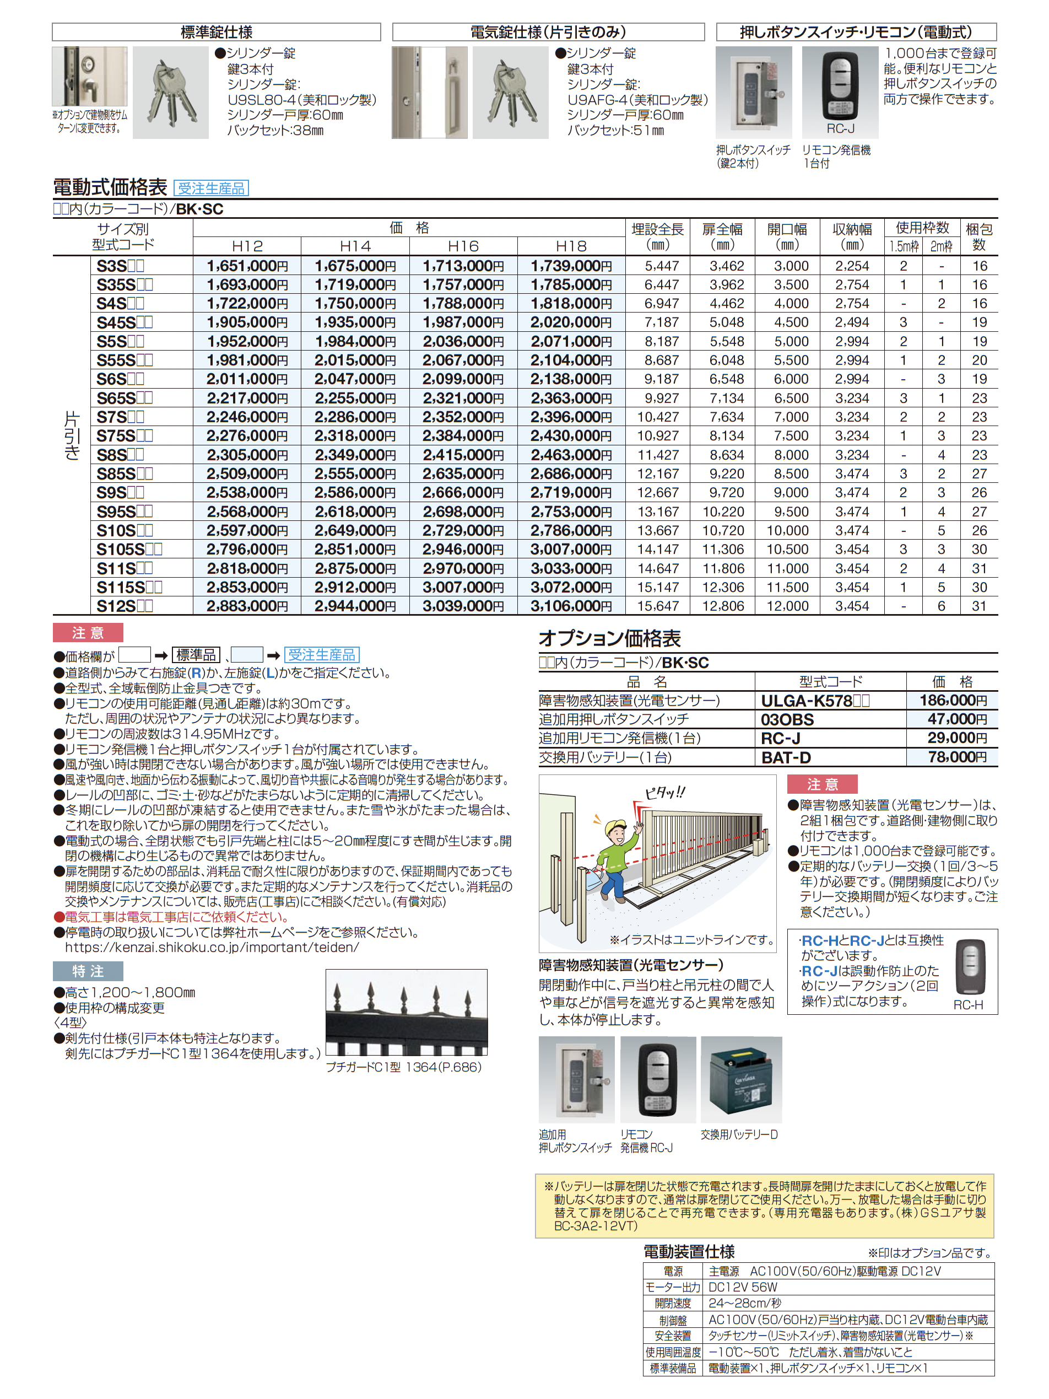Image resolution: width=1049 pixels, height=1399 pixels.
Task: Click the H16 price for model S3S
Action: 463,266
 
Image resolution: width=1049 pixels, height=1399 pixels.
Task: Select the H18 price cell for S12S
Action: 571,606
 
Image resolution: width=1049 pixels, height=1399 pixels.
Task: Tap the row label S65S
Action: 125,398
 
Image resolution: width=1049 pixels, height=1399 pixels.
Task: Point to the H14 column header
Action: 355,246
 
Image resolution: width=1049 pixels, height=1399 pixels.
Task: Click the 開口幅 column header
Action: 787,236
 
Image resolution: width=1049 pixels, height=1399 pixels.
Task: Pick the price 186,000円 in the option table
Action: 953,700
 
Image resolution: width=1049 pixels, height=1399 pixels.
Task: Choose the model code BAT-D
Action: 786,757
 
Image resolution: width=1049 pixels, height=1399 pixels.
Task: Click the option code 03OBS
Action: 787,719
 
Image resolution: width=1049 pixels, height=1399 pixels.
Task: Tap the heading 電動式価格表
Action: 110,187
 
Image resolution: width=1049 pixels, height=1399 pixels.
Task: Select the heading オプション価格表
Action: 609,638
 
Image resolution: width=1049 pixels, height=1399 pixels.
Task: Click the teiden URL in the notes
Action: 212,948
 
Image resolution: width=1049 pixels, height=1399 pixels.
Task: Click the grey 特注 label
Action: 88,971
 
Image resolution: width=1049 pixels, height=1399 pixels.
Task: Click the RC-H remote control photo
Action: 968,967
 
